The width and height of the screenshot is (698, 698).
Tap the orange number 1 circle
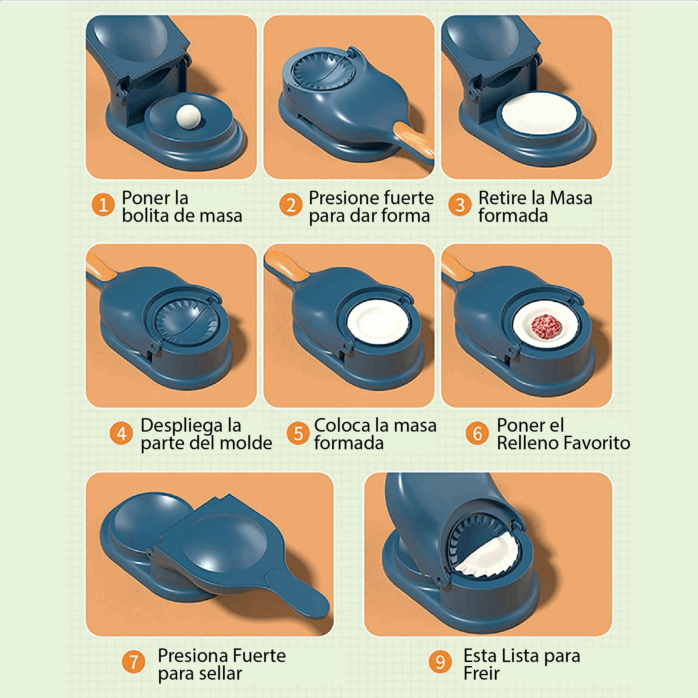tap(103, 205)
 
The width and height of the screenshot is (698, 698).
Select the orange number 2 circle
tap(291, 205)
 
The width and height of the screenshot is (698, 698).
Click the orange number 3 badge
tap(460, 205)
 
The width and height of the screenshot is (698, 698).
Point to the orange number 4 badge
tap(121, 433)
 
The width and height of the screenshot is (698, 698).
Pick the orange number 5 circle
tap(298, 433)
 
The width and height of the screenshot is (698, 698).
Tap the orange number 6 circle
tap(477, 433)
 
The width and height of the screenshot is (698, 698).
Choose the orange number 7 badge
tap(133, 662)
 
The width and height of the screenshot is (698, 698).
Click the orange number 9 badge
tap(440, 662)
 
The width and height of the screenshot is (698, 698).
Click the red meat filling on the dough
tap(547, 326)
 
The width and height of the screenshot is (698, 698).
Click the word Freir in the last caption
tap(481, 673)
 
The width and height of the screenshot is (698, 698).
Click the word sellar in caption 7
tap(220, 673)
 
